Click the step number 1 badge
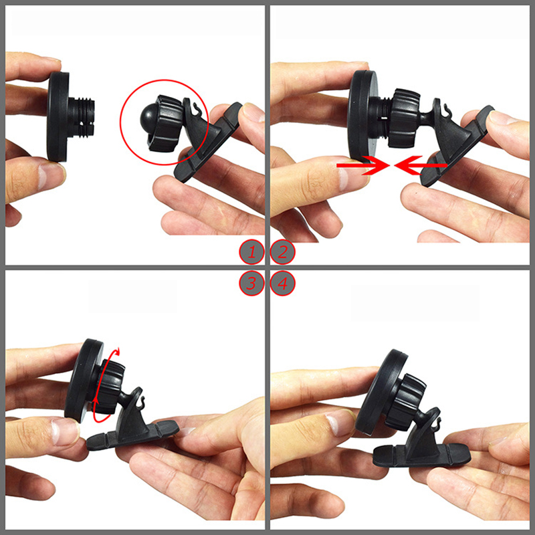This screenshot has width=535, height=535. pyautogui.click(x=251, y=253)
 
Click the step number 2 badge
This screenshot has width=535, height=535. pyautogui.click(x=282, y=253)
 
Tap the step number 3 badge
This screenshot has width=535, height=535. pyautogui.click(x=251, y=283)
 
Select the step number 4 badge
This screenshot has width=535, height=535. pyautogui.click(x=282, y=283)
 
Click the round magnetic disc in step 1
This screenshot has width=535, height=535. pyautogui.click(x=58, y=116)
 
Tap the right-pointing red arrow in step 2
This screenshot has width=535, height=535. pyautogui.click(x=363, y=165)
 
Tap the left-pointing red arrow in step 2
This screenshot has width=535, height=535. pyautogui.click(x=421, y=165)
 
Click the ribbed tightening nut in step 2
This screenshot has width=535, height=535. pyautogui.click(x=405, y=118)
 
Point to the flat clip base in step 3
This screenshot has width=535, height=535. pyautogui.click(x=132, y=436)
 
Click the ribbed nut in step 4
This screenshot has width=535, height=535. pyautogui.click(x=406, y=402)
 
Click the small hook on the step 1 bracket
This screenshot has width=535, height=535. pyautogui.click(x=195, y=108)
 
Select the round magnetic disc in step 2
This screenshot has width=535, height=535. pyautogui.click(x=362, y=115)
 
